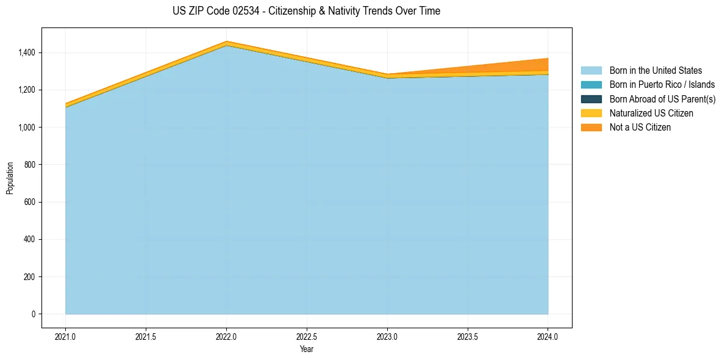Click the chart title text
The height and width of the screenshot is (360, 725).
(x=306, y=11)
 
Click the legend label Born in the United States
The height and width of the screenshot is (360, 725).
(x=655, y=71)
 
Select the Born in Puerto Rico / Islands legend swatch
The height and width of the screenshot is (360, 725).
(x=591, y=85)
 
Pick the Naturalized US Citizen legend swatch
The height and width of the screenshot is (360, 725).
(x=591, y=113)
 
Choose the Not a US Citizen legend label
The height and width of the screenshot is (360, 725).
(x=640, y=128)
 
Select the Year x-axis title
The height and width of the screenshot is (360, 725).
(x=307, y=348)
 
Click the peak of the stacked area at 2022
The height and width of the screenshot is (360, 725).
(x=227, y=41)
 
